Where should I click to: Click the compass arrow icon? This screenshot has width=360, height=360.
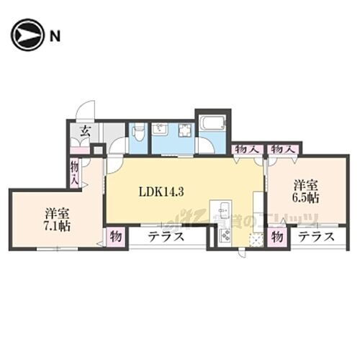pyautogui.click(x=27, y=35)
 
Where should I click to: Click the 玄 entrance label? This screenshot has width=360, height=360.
pyautogui.click(x=84, y=132)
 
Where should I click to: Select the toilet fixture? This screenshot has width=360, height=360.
pyautogui.click(x=138, y=132)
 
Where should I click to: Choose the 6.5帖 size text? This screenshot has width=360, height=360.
pyautogui.click(x=305, y=197)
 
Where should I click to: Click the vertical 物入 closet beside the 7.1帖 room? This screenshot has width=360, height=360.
pyautogui.click(x=75, y=174)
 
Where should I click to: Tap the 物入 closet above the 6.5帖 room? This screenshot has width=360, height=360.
pyautogui.click(x=283, y=149)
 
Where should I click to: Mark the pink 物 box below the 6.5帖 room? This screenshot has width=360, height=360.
pyautogui.click(x=277, y=236)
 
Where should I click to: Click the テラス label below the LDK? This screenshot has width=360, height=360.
pyautogui.click(x=167, y=236)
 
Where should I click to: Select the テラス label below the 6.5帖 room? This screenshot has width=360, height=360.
pyautogui.click(x=316, y=236)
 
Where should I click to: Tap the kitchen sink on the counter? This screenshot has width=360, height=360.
pyautogui.click(x=223, y=210)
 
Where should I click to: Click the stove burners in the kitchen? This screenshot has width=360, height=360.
pyautogui.click(x=225, y=235)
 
